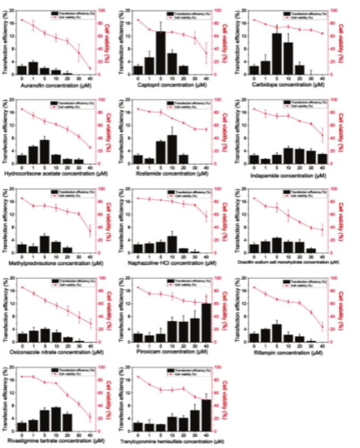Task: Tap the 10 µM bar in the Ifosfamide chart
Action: (172, 150)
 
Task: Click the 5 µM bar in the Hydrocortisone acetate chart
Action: (45, 152)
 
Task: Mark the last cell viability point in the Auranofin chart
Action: (90, 68)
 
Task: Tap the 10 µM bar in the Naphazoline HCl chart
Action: (172, 244)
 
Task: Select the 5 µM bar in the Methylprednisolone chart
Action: (45, 244)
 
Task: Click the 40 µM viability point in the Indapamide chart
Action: (322, 135)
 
